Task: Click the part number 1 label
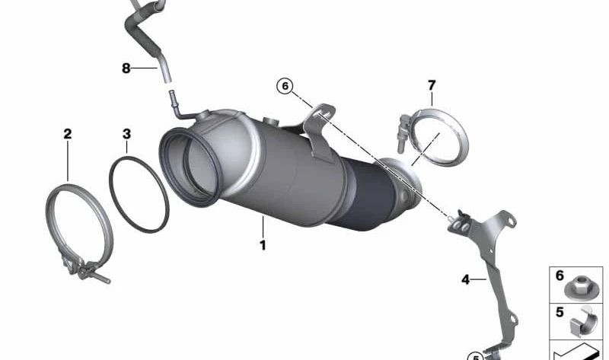click(263, 245)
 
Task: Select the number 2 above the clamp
click(68, 134)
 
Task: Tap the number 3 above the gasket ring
click(126, 134)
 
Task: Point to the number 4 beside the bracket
click(465, 279)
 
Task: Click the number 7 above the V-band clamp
click(432, 85)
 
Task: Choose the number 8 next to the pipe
click(126, 68)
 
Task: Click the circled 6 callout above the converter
click(285, 86)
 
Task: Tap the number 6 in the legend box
click(560, 276)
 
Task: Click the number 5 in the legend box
click(560, 312)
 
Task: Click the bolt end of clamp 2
click(103, 278)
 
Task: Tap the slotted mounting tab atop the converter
click(319, 131)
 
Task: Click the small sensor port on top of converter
click(271, 121)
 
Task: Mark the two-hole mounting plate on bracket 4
click(461, 225)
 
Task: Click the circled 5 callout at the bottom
click(475, 357)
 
